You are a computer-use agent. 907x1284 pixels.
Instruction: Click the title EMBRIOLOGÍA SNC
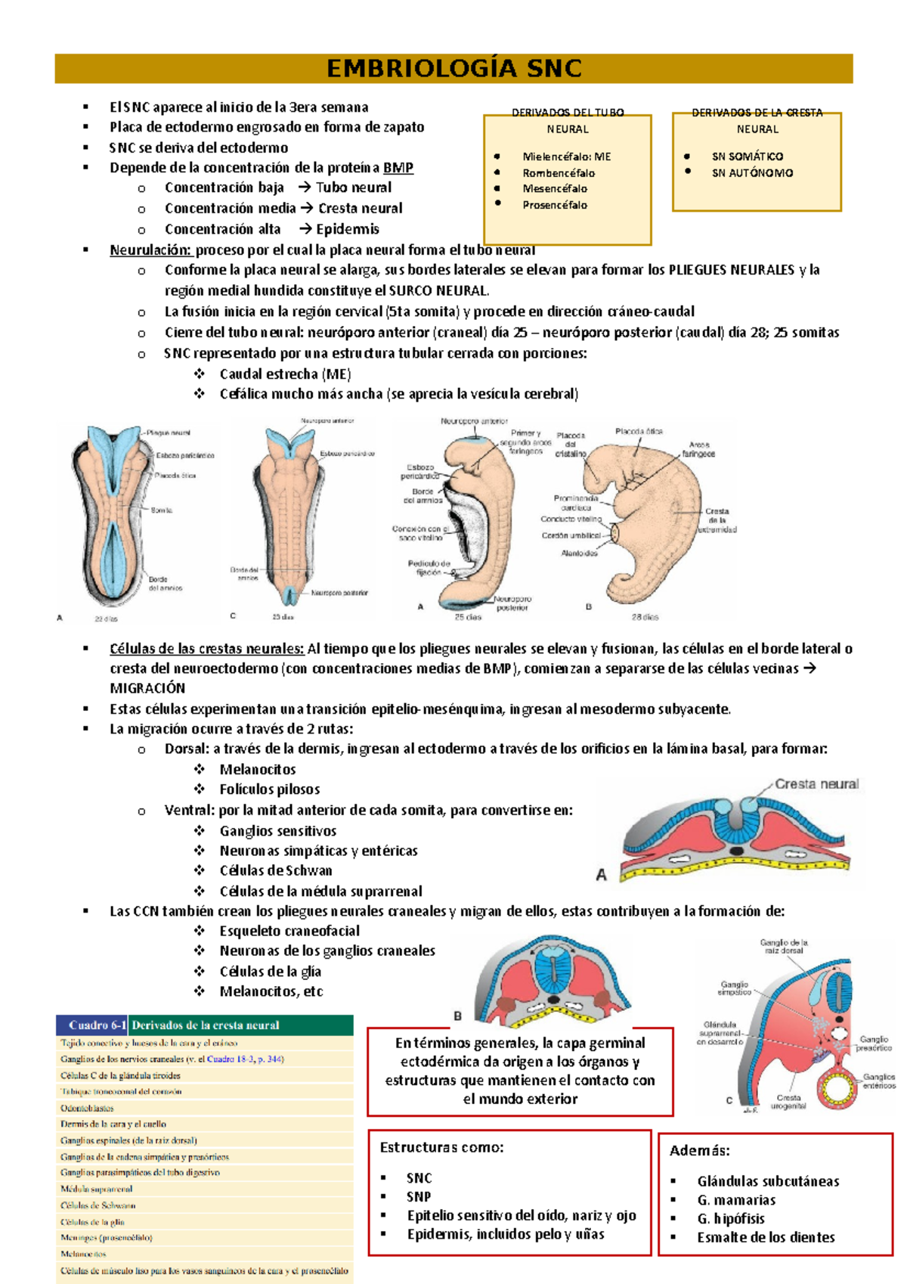[453, 69]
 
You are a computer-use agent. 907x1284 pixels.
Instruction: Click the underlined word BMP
[398, 168]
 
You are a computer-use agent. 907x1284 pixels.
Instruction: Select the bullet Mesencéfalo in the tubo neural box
[555, 189]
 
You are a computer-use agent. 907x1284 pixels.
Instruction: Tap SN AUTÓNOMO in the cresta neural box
[752, 173]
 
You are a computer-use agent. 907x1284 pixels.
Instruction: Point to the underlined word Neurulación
[151, 250]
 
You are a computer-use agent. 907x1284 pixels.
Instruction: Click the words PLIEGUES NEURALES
[731, 270]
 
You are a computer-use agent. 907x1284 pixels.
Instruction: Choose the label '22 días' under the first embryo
[106, 618]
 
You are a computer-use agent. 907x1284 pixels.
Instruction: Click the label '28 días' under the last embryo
[645, 617]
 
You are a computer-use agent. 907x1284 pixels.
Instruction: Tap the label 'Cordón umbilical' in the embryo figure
[571, 535]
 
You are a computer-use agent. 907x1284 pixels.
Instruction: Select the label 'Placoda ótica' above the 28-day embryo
[639, 431]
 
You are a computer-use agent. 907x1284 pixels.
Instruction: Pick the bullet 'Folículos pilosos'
[270, 789]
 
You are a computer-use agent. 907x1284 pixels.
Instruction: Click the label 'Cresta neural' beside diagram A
[816, 784]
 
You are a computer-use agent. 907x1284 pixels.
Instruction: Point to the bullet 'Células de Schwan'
[276, 870]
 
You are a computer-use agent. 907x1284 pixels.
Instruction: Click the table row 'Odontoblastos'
[88, 1108]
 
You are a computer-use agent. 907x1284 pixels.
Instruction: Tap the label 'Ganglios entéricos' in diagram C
[879, 1081]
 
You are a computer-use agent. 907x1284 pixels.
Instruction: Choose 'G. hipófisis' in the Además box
[731, 1219]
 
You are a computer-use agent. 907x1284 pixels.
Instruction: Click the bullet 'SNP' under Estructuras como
[419, 1197]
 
